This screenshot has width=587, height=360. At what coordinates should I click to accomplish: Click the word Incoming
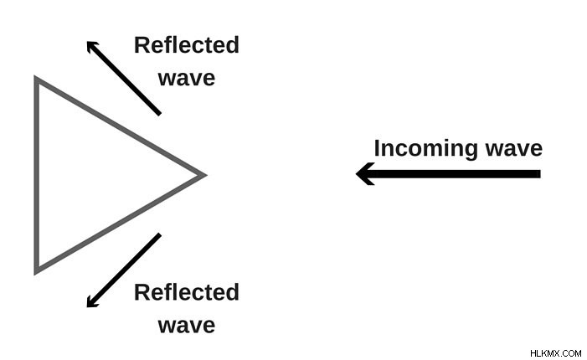[x=425, y=149]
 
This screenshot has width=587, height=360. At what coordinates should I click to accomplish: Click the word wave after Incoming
[x=513, y=149]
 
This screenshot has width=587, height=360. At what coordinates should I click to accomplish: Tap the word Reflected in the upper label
[x=187, y=45]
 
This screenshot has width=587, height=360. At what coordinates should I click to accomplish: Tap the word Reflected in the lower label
[x=187, y=292]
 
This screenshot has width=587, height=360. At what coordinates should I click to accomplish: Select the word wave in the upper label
[x=187, y=79]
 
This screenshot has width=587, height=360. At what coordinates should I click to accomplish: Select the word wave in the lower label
[x=187, y=326]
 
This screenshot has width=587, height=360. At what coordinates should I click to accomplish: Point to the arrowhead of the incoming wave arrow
[x=364, y=173]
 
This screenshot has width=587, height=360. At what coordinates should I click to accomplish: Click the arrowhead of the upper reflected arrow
[x=91, y=46]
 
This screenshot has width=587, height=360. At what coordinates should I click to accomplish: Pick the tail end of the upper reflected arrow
[x=159, y=113]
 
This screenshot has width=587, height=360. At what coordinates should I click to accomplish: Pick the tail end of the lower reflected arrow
[x=159, y=235]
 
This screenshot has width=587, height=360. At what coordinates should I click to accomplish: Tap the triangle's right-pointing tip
[x=205, y=175]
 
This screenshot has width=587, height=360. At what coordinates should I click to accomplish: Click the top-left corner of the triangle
[x=36, y=78]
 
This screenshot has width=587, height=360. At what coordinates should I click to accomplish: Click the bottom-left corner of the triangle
[x=36, y=272]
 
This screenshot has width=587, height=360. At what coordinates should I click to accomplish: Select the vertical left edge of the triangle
[x=37, y=175]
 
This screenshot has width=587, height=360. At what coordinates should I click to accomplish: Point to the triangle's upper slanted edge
[x=120, y=126]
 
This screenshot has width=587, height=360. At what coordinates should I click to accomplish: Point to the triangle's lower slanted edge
[x=120, y=224]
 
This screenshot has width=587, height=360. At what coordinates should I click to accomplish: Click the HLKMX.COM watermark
[x=555, y=353]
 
